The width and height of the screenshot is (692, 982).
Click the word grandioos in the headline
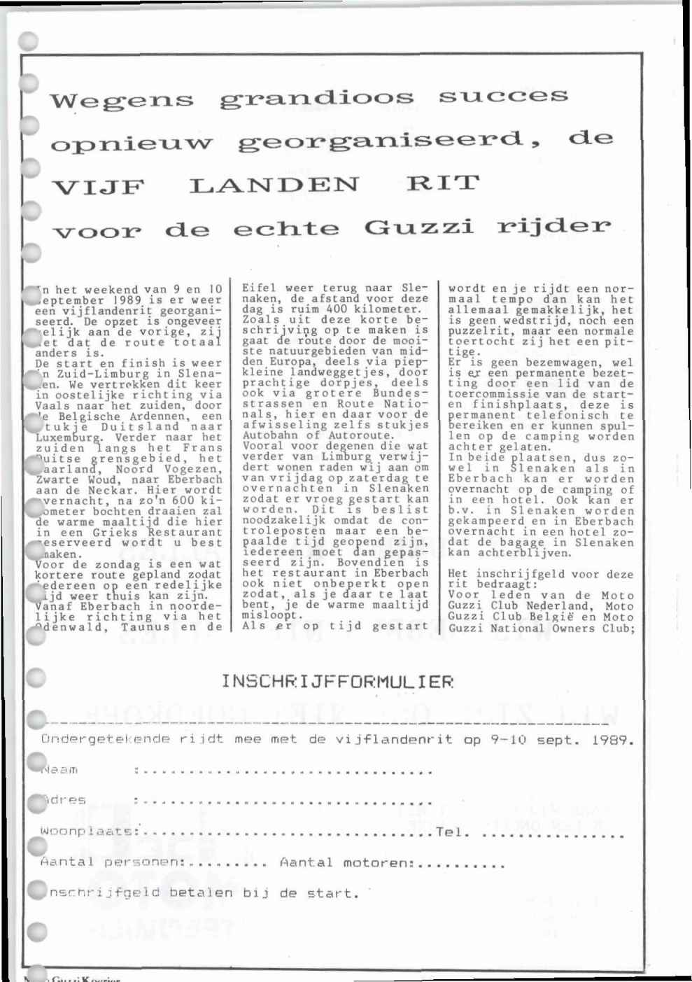pos(316,99)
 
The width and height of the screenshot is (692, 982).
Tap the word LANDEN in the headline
pos(274,186)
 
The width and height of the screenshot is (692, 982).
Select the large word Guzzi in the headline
pos(418,227)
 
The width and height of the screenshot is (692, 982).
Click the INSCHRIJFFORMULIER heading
pos(337,680)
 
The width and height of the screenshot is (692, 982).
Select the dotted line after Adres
pos(283,803)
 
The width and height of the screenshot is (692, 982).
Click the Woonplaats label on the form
pos(87,832)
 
